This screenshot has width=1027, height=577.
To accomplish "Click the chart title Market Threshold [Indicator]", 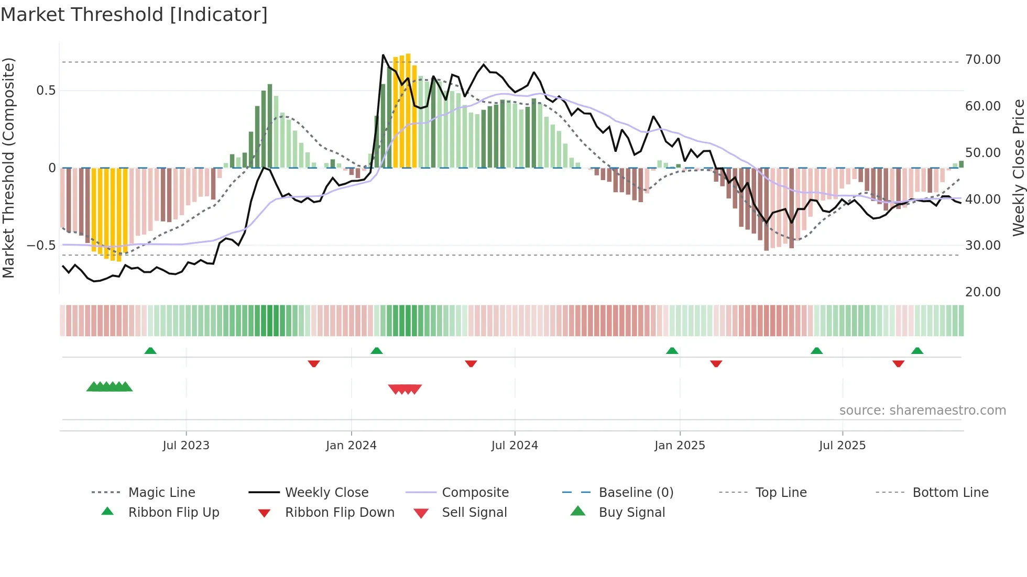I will click(x=134, y=15).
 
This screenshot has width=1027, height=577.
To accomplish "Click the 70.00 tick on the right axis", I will click(x=982, y=60).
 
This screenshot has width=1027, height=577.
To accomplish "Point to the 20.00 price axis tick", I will click(x=982, y=292).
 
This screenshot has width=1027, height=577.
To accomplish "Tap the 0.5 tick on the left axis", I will click(x=46, y=91).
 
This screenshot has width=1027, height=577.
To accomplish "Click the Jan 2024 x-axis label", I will click(x=351, y=446).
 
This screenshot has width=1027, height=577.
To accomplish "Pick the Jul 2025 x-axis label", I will click(x=842, y=446).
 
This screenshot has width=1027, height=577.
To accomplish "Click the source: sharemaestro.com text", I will click(x=922, y=410).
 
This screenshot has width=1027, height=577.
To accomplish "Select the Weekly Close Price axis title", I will click(x=1018, y=168).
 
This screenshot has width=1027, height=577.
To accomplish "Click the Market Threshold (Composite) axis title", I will click(x=8, y=168).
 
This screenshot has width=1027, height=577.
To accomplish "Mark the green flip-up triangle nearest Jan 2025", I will click(x=672, y=351).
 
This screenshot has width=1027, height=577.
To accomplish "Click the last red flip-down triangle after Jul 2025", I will click(x=898, y=363).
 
